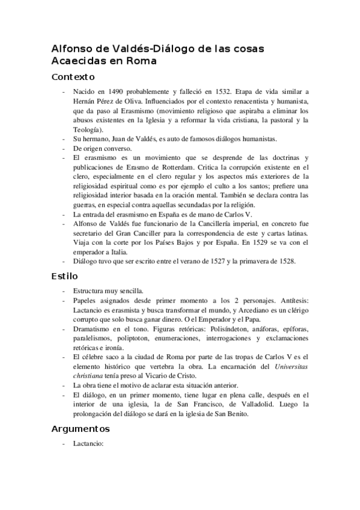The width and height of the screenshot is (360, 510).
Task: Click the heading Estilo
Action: [x=64, y=276]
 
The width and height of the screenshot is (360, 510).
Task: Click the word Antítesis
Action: [x=292, y=301]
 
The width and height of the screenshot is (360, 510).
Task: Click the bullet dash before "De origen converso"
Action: [x=64, y=148]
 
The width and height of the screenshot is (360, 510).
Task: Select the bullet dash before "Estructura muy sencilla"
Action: [x=64, y=292]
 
